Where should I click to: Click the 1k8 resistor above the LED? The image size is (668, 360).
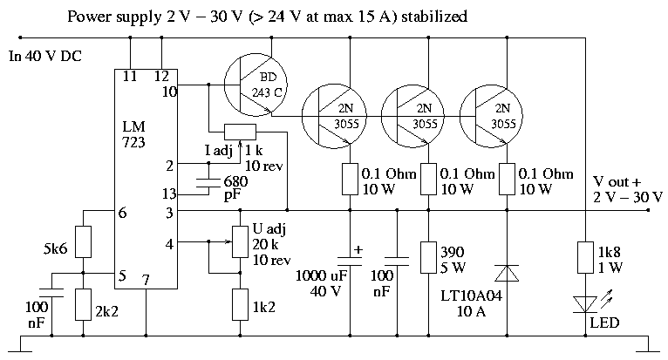pos(583,259)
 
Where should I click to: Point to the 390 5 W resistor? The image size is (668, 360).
pos(428,258)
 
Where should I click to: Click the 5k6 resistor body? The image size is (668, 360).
pos(82,241)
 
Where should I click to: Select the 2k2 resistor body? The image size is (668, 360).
pos(82,305)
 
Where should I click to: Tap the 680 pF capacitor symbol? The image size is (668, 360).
pos(208,182)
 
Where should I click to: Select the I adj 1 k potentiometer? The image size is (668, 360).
pos(239,132)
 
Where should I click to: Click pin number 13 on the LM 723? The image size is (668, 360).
pos(169,194)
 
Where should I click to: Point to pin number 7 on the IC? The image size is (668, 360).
pos(147,279)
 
